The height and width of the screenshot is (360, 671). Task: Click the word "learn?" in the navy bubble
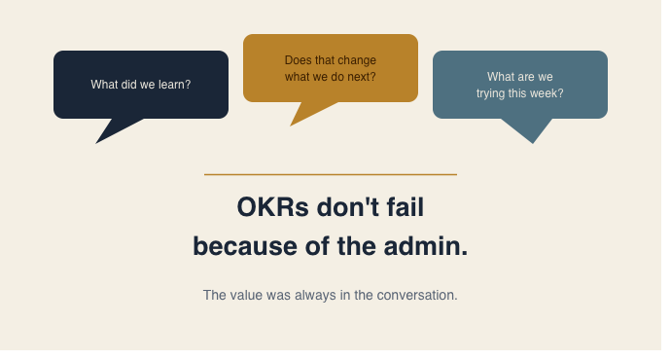(x=172, y=85)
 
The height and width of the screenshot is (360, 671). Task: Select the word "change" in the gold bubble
(x=355, y=60)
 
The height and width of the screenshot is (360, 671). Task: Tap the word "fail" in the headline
(x=403, y=207)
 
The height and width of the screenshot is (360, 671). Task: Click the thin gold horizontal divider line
(x=331, y=174)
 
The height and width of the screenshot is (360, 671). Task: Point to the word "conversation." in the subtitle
(x=421, y=295)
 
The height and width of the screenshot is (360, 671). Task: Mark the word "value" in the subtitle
(x=245, y=295)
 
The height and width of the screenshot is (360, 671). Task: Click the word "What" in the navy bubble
(x=104, y=85)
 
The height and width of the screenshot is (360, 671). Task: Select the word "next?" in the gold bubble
(x=360, y=77)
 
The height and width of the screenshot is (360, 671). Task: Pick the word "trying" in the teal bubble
(x=493, y=93)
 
